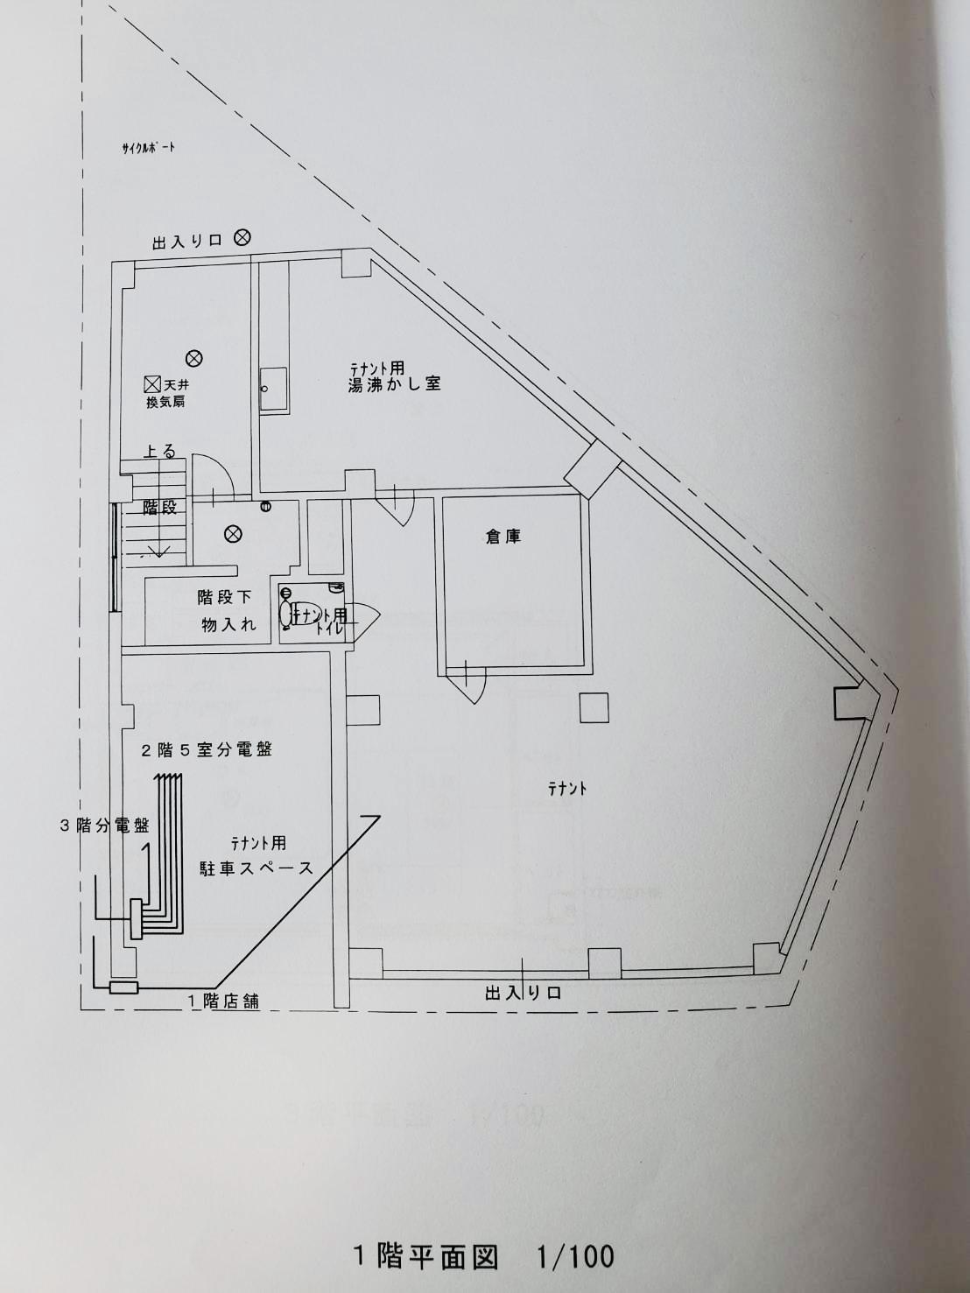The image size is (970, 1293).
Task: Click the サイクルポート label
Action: (149, 147)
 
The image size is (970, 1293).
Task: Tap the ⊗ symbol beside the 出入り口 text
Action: (243, 236)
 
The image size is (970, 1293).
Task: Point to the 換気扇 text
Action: (165, 402)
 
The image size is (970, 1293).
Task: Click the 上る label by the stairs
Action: (159, 452)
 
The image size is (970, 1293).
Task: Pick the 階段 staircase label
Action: (160, 508)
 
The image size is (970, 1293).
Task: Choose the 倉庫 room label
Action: (503, 537)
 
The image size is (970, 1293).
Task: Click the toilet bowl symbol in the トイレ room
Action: (288, 611)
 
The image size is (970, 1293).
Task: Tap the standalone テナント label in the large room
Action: (567, 788)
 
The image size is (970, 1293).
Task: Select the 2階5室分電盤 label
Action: (207, 750)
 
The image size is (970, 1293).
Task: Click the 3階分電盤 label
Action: (104, 825)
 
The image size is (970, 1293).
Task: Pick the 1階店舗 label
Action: (223, 1001)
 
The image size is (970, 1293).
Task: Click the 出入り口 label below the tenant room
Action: (523, 993)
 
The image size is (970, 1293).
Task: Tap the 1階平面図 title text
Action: (425, 1256)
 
